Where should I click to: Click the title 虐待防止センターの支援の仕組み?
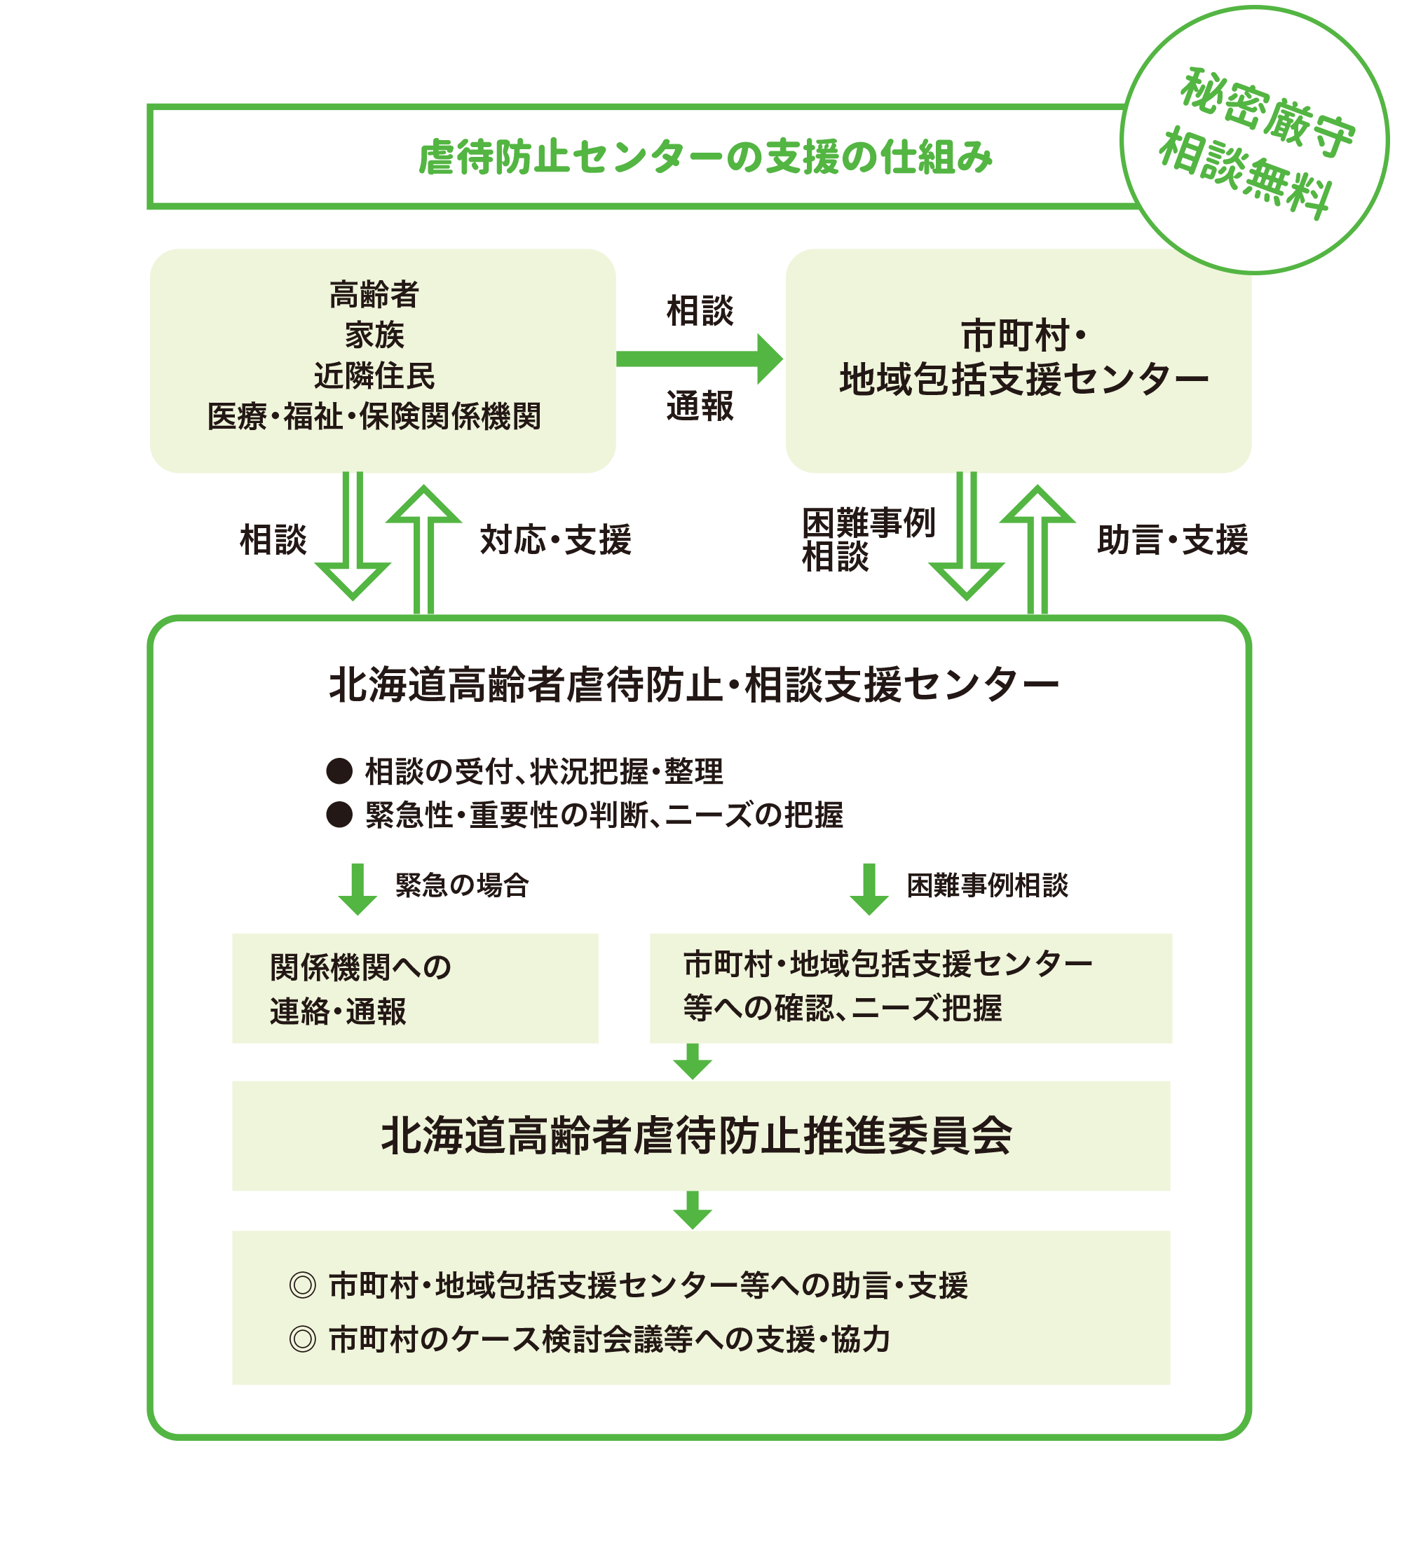(705, 158)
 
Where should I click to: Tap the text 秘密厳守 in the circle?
(1267, 114)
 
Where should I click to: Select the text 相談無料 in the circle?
(1247, 174)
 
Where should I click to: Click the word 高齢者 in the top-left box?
(374, 294)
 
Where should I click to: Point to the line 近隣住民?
(374, 376)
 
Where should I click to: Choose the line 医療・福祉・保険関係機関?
(374, 417)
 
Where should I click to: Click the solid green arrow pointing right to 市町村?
(699, 359)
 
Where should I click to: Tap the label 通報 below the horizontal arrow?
(700, 406)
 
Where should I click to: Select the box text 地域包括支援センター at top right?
(1023, 380)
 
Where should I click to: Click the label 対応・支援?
(555, 539)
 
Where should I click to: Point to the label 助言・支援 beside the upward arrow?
(1172, 539)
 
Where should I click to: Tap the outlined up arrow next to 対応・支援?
(423, 546)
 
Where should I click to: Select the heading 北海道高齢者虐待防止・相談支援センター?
(694, 684)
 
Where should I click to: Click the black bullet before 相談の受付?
(339, 771)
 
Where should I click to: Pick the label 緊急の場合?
(462, 885)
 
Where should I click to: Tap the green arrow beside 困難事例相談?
(869, 889)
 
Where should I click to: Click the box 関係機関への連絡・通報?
(414, 988)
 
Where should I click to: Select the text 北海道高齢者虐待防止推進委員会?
(697, 1136)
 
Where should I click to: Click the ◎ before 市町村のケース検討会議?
(303, 1339)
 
